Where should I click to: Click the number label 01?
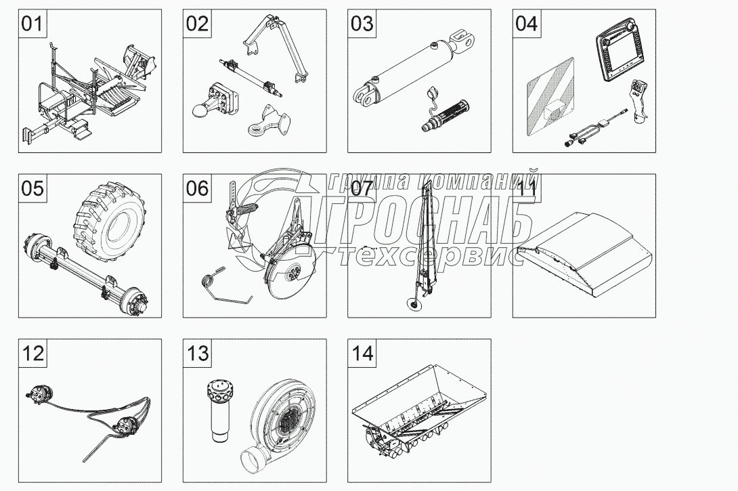pos(32,24)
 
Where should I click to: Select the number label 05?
pos(32,188)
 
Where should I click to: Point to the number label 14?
pos(362,354)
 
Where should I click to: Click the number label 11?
pos(527,188)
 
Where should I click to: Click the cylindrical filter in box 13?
pos(217,414)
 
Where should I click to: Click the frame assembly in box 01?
pos(88,95)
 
